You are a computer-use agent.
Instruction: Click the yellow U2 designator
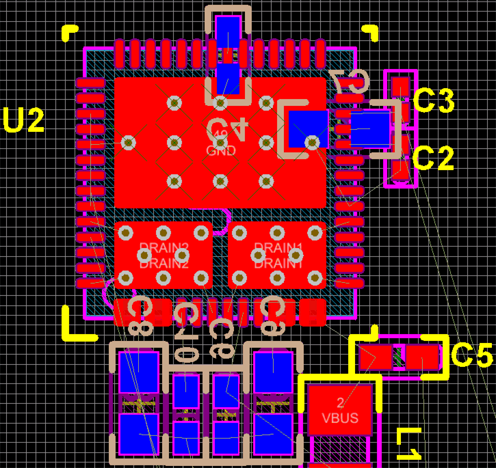[23, 120]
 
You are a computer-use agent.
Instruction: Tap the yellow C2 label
[434, 159]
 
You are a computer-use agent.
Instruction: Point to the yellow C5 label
[471, 355]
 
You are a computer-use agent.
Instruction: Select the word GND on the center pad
[220, 151]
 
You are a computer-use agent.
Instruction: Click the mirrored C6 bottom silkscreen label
[272, 314]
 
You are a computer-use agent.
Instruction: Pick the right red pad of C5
[423, 356]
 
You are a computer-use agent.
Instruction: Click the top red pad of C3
[400, 86]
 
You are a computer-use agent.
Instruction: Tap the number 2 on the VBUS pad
[340, 401]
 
